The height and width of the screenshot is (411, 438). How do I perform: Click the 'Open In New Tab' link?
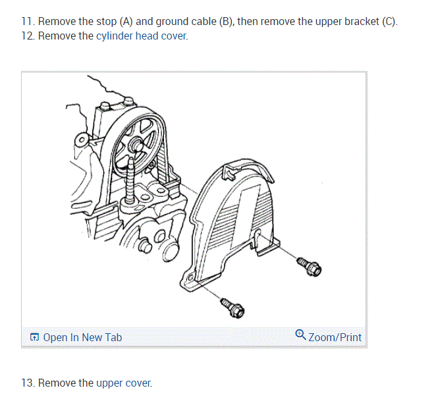82,337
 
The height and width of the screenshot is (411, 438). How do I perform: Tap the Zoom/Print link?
335,337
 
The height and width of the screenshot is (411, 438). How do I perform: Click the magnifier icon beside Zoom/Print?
300,336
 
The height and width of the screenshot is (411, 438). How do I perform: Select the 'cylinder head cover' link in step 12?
142,36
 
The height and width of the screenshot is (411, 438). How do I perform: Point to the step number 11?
27,22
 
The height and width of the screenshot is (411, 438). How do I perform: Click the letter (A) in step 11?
127,22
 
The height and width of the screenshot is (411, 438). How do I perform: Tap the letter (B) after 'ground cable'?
227,22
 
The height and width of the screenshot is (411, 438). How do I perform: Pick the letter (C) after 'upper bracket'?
390,22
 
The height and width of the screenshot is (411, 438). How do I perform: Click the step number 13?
27,383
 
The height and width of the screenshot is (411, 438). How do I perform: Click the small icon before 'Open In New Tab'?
34,338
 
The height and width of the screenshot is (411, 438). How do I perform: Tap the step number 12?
27,36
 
